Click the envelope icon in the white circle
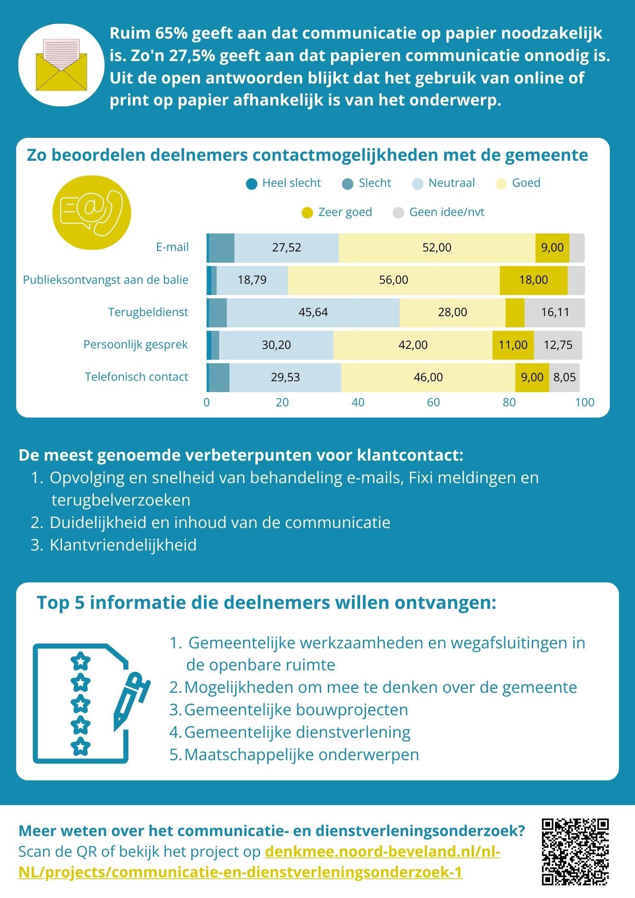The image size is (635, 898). click(x=62, y=65)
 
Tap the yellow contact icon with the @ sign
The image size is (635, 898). click(x=92, y=212)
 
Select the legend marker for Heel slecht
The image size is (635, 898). click(x=252, y=184)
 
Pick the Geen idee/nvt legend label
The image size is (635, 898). click(x=446, y=212)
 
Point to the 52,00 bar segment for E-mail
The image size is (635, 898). click(x=437, y=248)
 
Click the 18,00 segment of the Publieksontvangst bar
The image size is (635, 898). click(x=533, y=280)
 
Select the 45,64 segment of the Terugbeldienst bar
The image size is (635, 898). click(x=313, y=313)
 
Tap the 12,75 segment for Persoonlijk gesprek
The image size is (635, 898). click(x=558, y=345)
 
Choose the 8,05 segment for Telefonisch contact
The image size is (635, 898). click(x=564, y=377)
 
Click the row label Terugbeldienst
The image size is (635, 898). click(x=148, y=313)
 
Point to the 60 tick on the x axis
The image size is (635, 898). click(x=433, y=403)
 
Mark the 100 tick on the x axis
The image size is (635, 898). click(x=584, y=403)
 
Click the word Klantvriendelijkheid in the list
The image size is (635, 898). click(x=123, y=545)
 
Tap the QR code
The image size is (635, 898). click(x=575, y=852)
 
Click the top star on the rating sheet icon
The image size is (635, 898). click(x=81, y=661)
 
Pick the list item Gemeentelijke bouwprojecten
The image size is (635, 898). click(x=296, y=710)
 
